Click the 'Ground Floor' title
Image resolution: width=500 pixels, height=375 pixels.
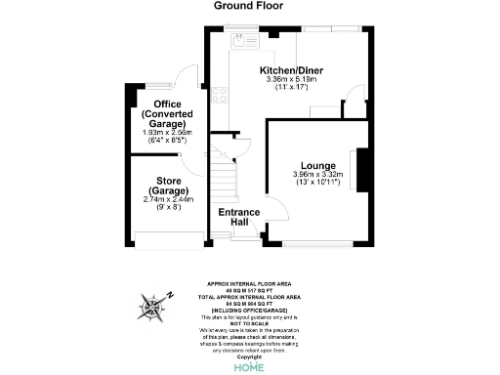pyautogui.click(x=249, y=6)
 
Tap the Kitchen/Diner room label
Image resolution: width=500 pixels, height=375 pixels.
pyautogui.click(x=286, y=70)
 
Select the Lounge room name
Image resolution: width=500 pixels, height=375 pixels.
pyautogui.click(x=317, y=166)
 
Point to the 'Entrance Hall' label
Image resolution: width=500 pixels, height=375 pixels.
pyautogui.click(x=237, y=217)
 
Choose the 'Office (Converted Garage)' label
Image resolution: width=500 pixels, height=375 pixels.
pyautogui.click(x=162, y=114)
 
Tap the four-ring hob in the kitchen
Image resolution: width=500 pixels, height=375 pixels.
pyautogui.click(x=216, y=97)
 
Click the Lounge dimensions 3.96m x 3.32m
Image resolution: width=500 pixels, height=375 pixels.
pyautogui.click(x=317, y=176)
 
